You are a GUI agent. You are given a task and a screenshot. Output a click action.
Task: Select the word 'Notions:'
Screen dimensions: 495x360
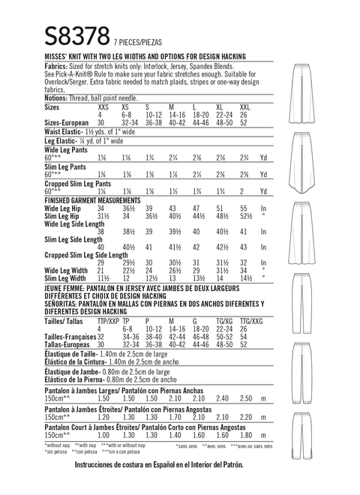point(39,97)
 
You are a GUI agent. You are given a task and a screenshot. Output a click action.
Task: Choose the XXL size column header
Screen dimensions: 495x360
point(244,108)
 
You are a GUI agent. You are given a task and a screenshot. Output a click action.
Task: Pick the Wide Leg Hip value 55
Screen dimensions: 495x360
point(242,209)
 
